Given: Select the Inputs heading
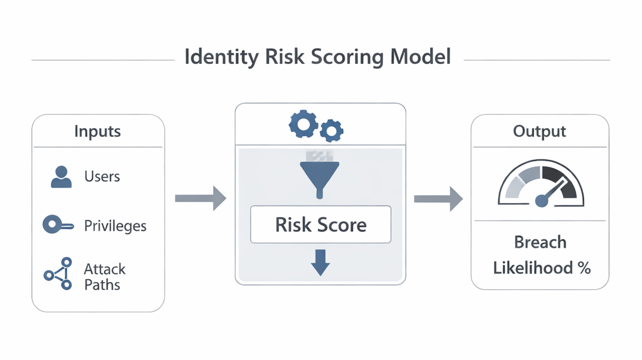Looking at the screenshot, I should [97, 132].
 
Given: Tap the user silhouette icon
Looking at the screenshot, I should [61, 177].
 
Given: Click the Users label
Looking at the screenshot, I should [102, 177].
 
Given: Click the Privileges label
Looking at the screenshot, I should [115, 226].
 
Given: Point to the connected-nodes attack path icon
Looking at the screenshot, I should [58, 273].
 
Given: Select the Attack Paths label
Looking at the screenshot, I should [105, 277].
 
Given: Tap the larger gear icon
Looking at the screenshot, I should [303, 124].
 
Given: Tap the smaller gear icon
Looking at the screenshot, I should [331, 130].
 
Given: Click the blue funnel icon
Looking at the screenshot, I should [320, 177].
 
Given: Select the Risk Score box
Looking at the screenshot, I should [320, 225].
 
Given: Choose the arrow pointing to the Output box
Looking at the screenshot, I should [438, 199].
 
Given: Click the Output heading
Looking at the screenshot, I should [539, 132].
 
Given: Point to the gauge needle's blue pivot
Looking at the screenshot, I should [542, 201].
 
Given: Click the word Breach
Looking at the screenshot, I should [540, 243].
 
